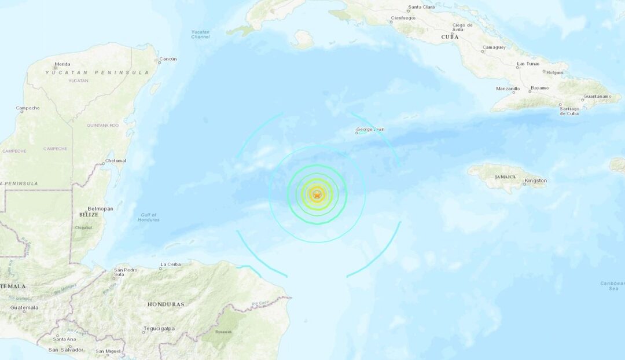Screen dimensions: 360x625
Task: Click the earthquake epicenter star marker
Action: pyautogui.click(x=317, y=194)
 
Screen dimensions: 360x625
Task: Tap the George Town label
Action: pyautogui.click(x=370, y=129)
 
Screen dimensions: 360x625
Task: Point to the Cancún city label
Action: pyautogui.click(x=168, y=59)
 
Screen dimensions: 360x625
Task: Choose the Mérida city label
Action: pyautogui.click(x=62, y=64)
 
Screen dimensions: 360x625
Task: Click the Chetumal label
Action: pyautogui.click(x=116, y=160)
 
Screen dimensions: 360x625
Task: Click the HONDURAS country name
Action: pyautogui.click(x=166, y=304)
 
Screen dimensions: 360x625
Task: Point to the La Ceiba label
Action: pyautogui.click(x=171, y=265)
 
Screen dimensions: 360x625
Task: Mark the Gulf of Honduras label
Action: pyautogui.click(x=148, y=218)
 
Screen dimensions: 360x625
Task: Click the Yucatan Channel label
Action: pyautogui.click(x=200, y=34)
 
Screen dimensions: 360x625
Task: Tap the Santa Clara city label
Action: pyautogui.click(x=421, y=7)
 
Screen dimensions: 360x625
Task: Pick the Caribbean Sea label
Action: pyautogui.click(x=612, y=285)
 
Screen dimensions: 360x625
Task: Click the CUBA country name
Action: pyautogui.click(x=450, y=36)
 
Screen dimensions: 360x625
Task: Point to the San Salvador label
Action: pyautogui.click(x=66, y=350)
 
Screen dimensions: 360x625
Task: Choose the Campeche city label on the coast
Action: pyautogui.click(x=28, y=108)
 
